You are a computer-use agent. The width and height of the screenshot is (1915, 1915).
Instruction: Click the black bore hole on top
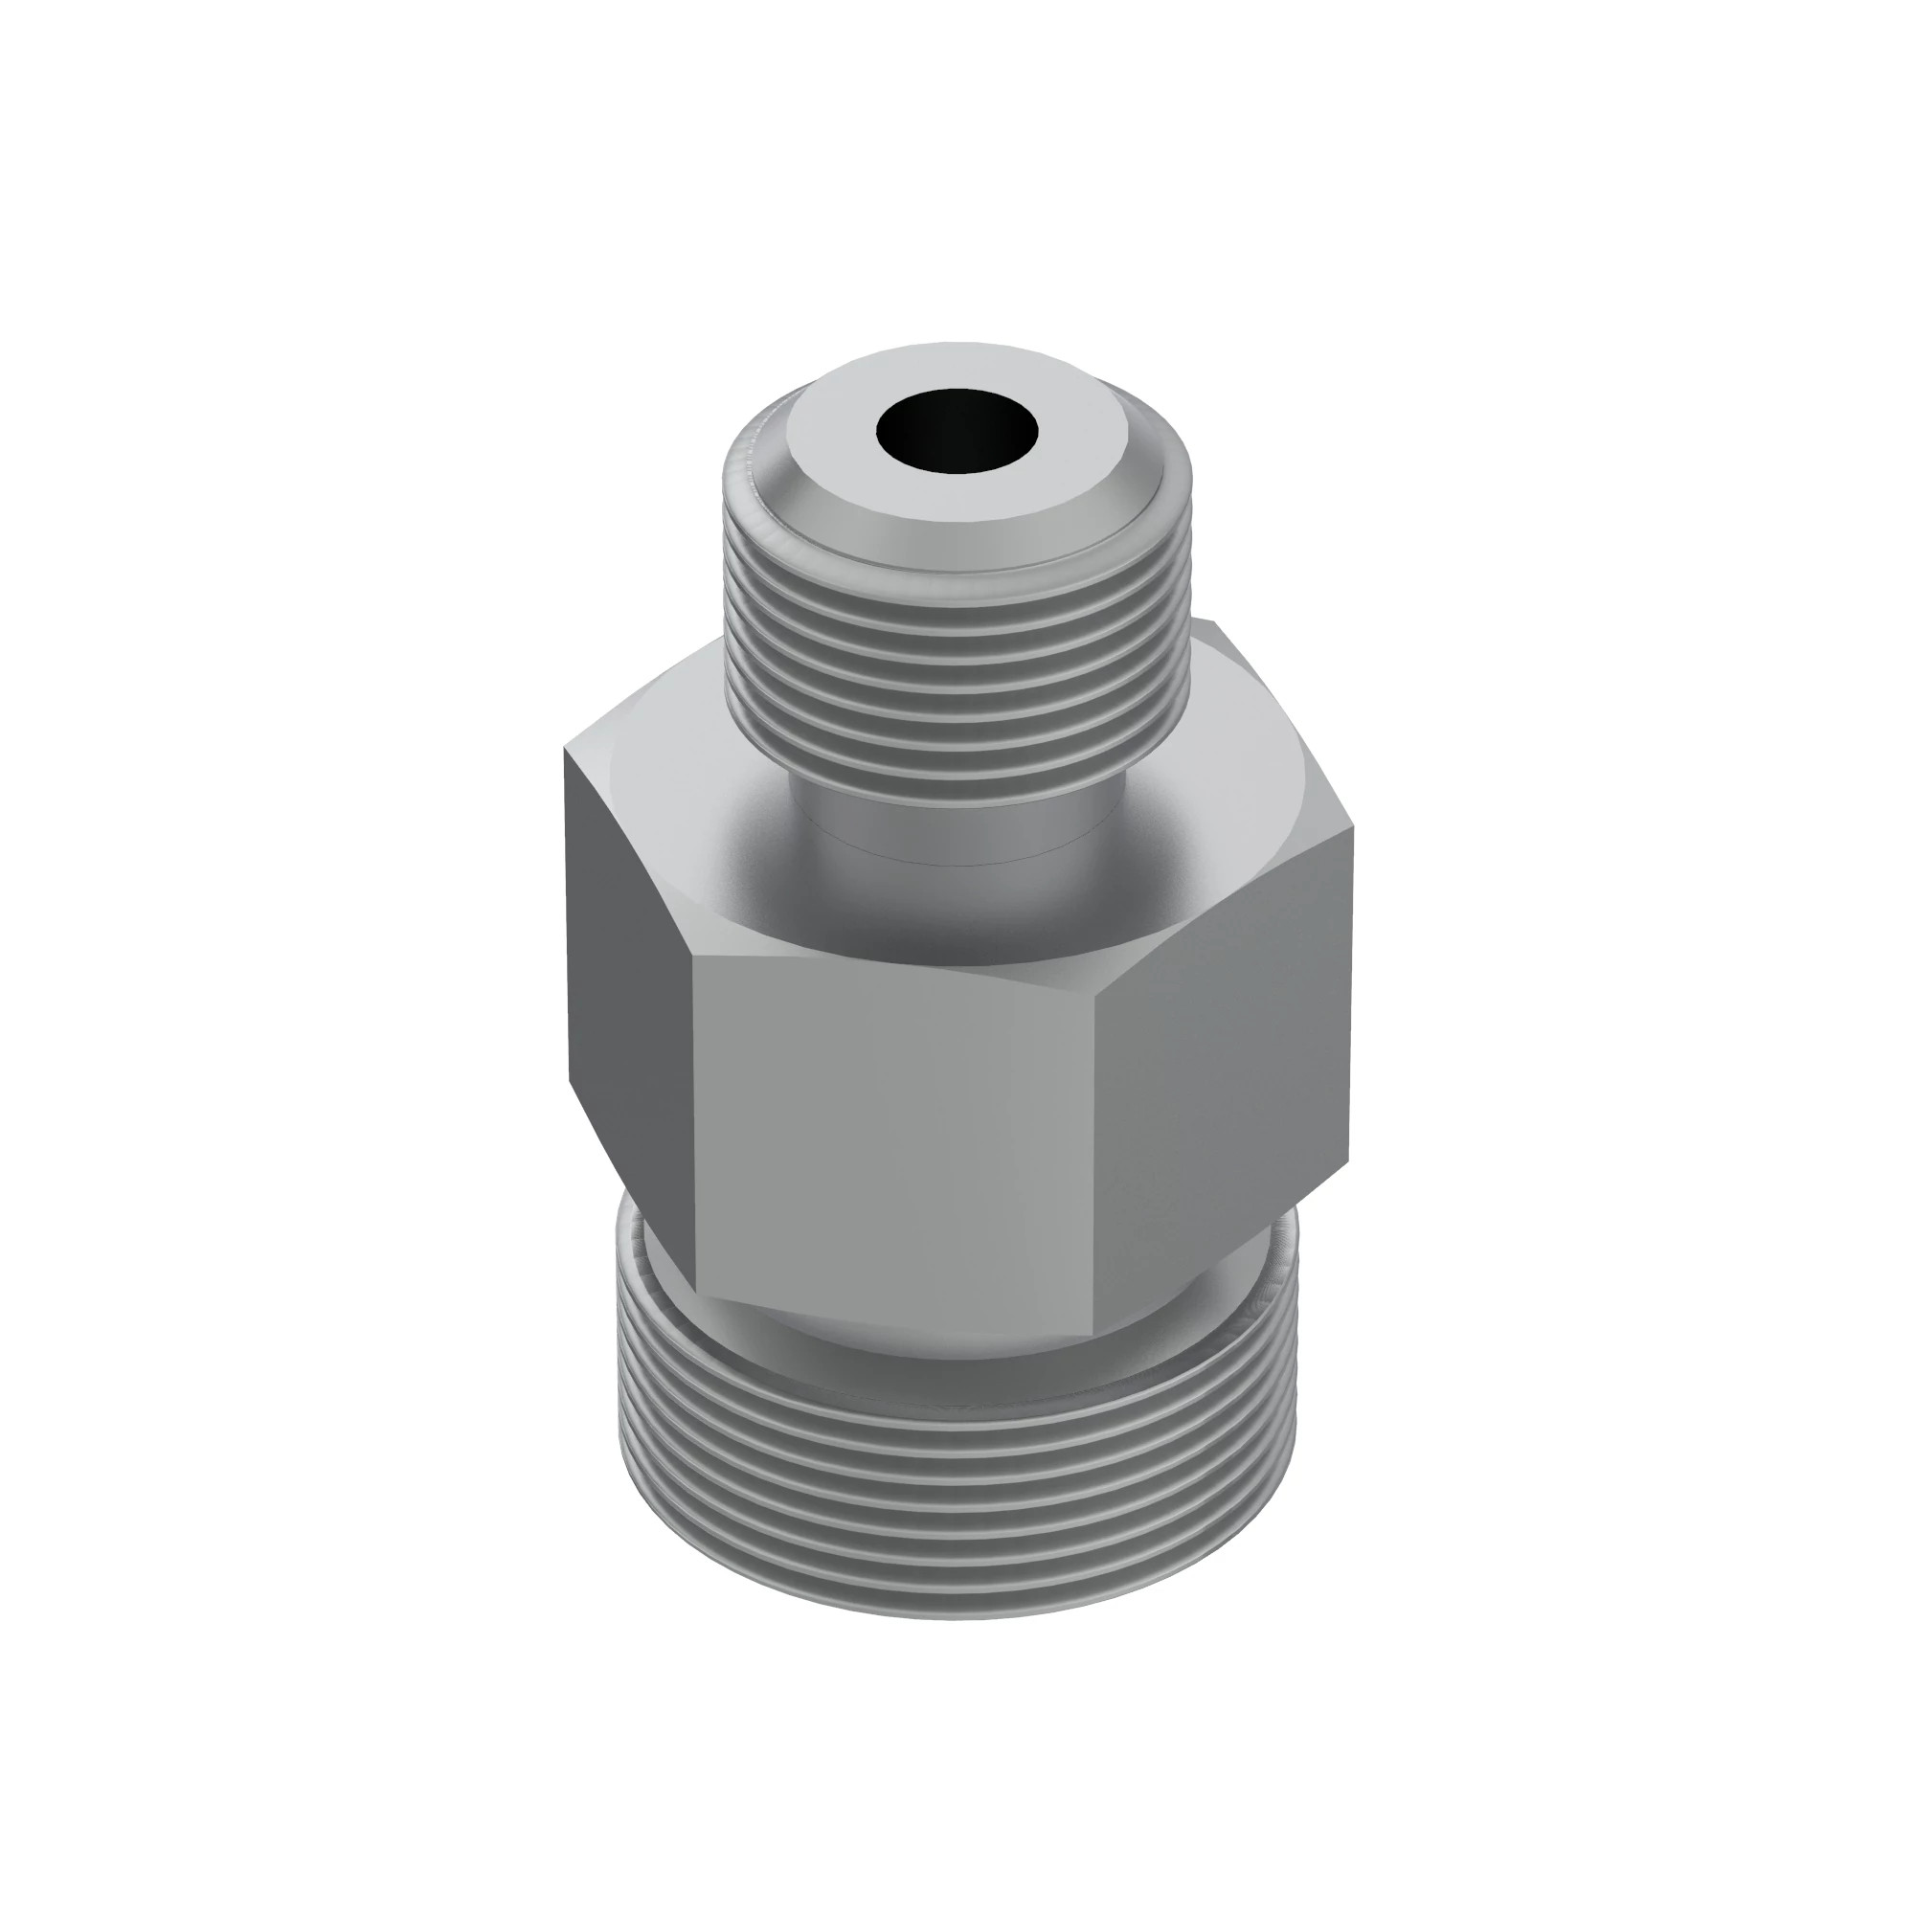957,431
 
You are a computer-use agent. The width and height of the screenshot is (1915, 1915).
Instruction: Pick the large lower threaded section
957,1487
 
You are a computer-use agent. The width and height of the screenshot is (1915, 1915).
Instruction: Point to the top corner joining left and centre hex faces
692,956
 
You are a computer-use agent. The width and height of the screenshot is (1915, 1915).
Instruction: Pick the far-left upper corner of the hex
566,751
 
